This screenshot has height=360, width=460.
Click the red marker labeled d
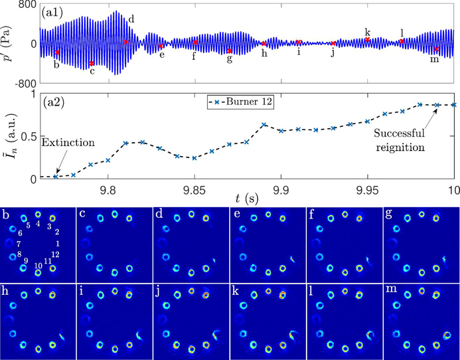point(126,42)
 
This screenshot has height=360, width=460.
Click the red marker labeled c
point(92,64)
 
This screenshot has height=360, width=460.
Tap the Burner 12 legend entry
point(253,103)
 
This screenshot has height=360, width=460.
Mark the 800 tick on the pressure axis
point(26,5)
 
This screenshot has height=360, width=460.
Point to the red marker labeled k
point(367,40)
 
